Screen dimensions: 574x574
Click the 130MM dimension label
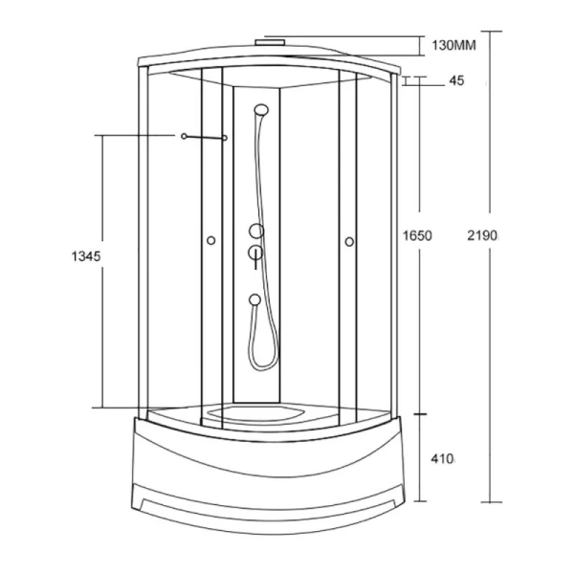[x=453, y=45]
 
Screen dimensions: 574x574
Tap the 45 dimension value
[x=456, y=80]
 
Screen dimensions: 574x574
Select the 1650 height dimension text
[x=417, y=235]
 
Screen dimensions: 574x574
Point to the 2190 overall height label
[x=482, y=235]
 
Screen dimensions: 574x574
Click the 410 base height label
[x=443, y=458]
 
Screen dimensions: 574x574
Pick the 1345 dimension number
[x=86, y=256]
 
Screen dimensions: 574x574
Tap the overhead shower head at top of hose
[x=261, y=110]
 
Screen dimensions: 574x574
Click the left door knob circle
[x=210, y=240]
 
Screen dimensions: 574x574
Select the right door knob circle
[x=349, y=242]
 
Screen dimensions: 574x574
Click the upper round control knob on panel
[x=256, y=231]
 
